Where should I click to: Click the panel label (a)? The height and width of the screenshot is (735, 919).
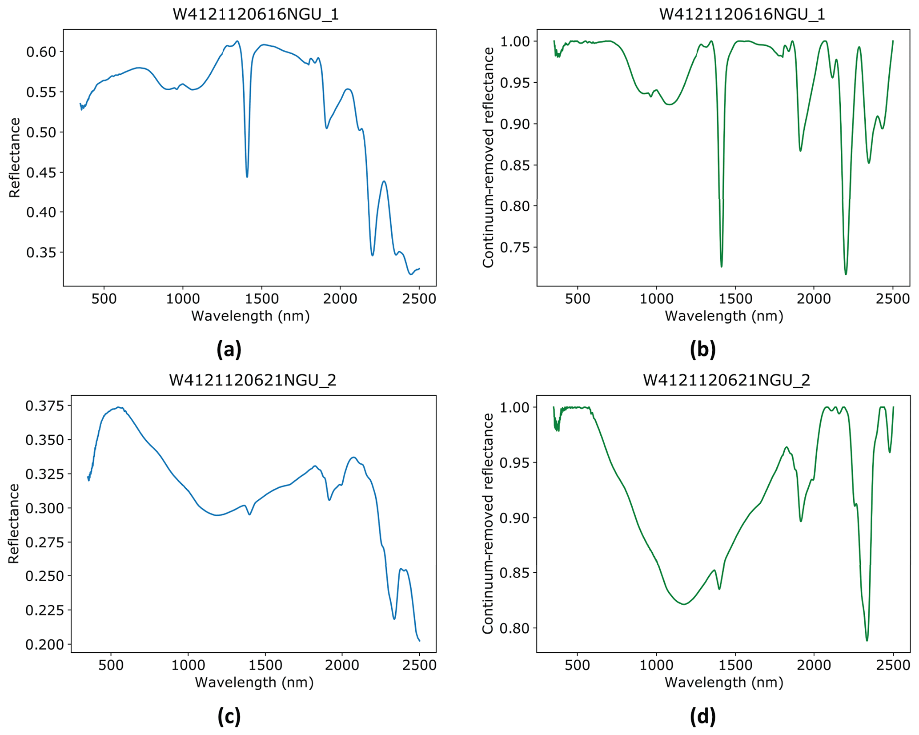(x=229, y=349)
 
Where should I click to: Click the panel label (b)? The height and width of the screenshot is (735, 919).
(x=702, y=349)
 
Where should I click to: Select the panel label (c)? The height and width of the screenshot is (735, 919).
(x=229, y=716)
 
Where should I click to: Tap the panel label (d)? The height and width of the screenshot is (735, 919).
(x=702, y=716)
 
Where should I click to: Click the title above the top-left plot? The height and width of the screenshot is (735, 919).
(x=256, y=15)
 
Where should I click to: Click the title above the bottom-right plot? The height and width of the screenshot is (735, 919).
(x=726, y=381)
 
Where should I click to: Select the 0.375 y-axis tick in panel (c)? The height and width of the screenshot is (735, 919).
(x=44, y=406)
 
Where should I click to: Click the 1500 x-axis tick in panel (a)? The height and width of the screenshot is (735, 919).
(x=261, y=299)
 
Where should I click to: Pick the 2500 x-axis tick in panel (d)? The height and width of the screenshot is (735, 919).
(x=893, y=665)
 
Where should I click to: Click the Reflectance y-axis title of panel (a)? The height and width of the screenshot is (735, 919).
(x=15, y=158)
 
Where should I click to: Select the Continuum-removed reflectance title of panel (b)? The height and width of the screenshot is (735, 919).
(x=488, y=158)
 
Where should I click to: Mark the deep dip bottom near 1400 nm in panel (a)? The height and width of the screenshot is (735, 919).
(x=247, y=177)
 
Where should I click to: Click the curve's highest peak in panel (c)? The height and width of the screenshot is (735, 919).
(x=118, y=407)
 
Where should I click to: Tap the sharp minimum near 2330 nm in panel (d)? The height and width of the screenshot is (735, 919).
(x=867, y=640)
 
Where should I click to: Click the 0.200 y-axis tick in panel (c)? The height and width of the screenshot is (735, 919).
(x=44, y=644)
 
